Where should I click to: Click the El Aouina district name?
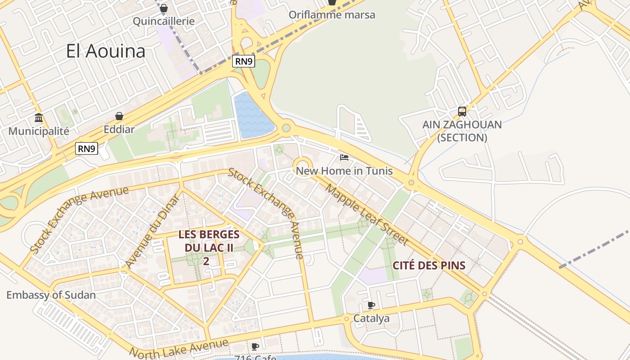coord(106,51)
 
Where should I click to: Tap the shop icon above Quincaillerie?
coord(164,8)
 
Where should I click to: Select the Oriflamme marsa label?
coord(332,14)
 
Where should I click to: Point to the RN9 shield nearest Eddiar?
coord(86,148)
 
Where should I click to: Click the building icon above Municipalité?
coord(39,118)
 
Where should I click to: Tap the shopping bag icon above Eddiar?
coord(119,117)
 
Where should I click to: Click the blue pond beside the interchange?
coord(252,116)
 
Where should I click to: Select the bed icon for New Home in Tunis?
coord(344,157)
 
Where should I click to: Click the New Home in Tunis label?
coord(344,171)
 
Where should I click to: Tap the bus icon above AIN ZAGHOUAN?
coord(462,111)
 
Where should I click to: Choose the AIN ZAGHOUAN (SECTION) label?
coord(462,131)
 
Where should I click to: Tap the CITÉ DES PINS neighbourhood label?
coord(429,265)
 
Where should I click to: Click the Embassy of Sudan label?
coord(51,295)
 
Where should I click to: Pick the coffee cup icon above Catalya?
coord(371,306)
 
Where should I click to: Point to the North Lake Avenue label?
coord(179,348)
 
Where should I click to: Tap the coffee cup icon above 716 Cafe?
coord(255,346)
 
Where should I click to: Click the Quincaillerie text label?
coord(164,21)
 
